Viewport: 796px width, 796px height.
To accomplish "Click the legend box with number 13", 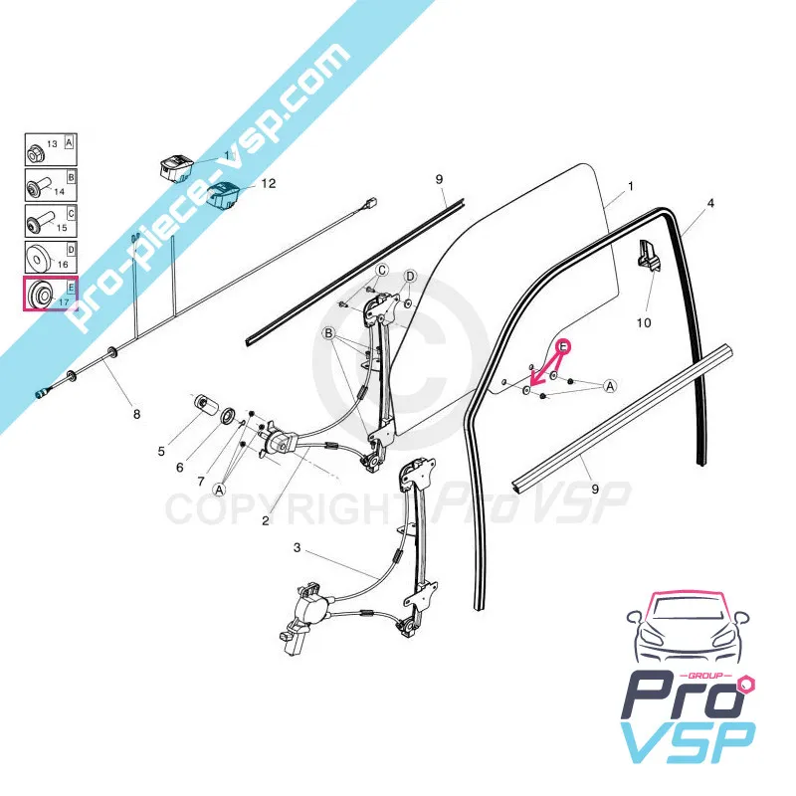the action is pyautogui.click(x=51, y=150).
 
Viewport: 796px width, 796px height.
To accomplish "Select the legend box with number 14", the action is pyautogui.click(x=51, y=185).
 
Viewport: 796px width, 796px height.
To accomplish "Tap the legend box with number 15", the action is pyautogui.click(x=51, y=221).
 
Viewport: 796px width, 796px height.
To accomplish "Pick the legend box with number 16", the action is pyautogui.click(x=51, y=257).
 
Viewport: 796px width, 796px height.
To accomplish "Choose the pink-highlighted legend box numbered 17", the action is pyautogui.click(x=51, y=294).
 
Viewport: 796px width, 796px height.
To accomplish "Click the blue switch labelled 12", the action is pyautogui.click(x=226, y=194).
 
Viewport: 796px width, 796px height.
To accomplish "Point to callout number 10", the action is pyautogui.click(x=643, y=322).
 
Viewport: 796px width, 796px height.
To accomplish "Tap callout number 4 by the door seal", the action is pyautogui.click(x=710, y=203).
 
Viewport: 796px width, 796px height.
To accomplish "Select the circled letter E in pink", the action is pyautogui.click(x=563, y=346).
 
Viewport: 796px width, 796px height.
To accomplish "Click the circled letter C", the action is pyautogui.click(x=382, y=270).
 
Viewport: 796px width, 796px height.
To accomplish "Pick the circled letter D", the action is pyautogui.click(x=410, y=277).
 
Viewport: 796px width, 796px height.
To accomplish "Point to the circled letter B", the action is pyautogui.click(x=329, y=333).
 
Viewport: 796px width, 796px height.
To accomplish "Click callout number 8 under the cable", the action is pyautogui.click(x=136, y=414).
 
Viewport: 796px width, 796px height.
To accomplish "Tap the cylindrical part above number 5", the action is pyautogui.click(x=205, y=406).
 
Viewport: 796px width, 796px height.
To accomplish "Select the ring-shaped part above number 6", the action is pyautogui.click(x=228, y=416).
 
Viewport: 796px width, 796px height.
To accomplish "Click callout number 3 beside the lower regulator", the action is pyautogui.click(x=297, y=548).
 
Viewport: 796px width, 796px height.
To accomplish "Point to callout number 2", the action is pyautogui.click(x=266, y=520).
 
